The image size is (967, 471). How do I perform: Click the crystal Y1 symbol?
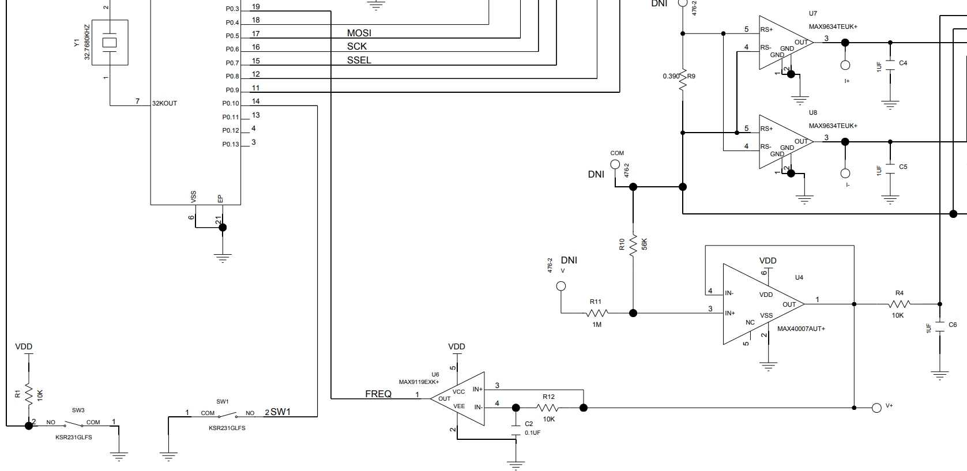tap(109, 43)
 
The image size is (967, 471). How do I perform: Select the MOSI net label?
tap(359, 33)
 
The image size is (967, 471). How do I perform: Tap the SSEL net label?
tap(359, 60)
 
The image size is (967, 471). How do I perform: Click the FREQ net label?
tap(378, 394)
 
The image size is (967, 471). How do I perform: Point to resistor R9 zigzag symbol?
tap(683, 81)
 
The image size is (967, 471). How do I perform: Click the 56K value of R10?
tap(645, 244)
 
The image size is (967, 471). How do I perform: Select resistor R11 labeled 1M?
tap(597, 314)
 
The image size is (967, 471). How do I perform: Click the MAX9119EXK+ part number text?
tap(419, 382)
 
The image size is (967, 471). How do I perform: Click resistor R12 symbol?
tap(548, 408)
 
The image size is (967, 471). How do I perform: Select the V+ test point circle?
tap(876, 408)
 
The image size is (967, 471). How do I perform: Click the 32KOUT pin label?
tap(164, 103)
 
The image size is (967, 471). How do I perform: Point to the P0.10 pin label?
tap(231, 104)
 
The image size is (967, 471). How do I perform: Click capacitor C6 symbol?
tap(940, 327)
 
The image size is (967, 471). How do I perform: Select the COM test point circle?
tap(615, 164)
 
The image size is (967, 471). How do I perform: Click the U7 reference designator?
tap(813, 13)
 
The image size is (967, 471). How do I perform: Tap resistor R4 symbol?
tap(899, 304)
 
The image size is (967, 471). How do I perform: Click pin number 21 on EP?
tap(218, 220)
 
